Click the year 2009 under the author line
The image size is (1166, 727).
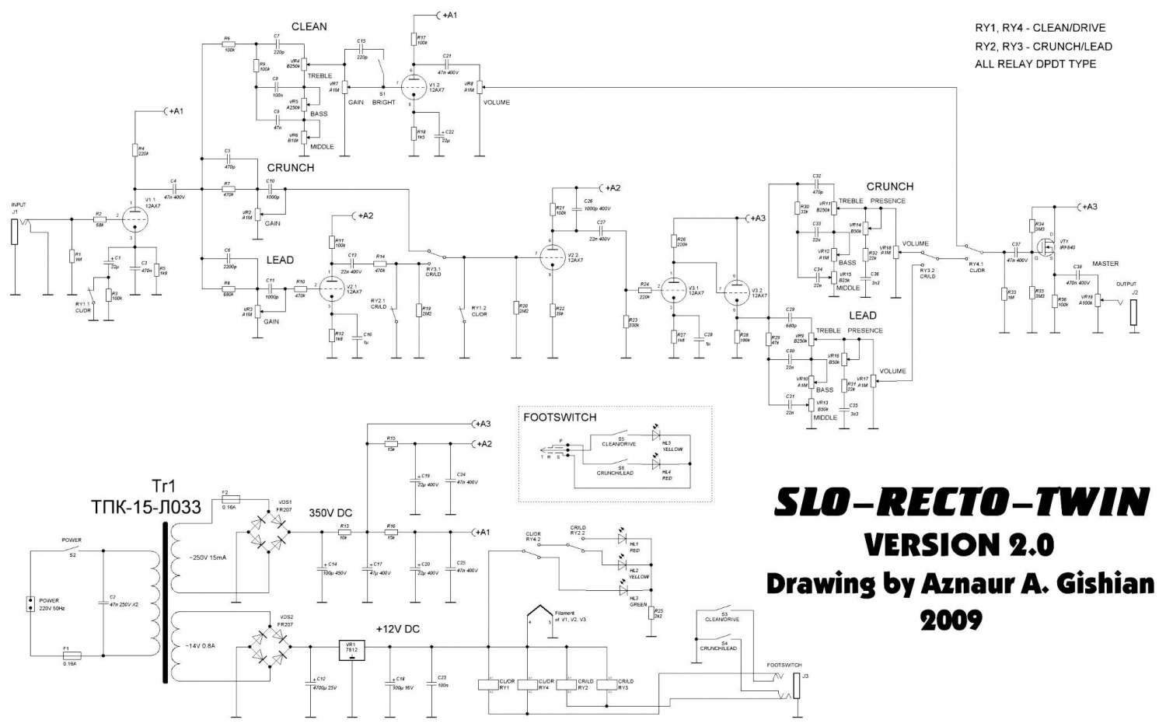point(951,620)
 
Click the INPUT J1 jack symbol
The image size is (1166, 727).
point(14,232)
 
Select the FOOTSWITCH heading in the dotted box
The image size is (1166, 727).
point(560,417)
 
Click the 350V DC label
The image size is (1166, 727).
point(330,513)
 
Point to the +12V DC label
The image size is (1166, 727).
point(397,628)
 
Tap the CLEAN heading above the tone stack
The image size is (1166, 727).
point(309,26)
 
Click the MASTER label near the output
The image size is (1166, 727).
point(1105,264)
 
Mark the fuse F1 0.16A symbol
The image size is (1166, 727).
point(66,656)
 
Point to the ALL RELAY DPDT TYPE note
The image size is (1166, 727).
point(1035,64)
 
